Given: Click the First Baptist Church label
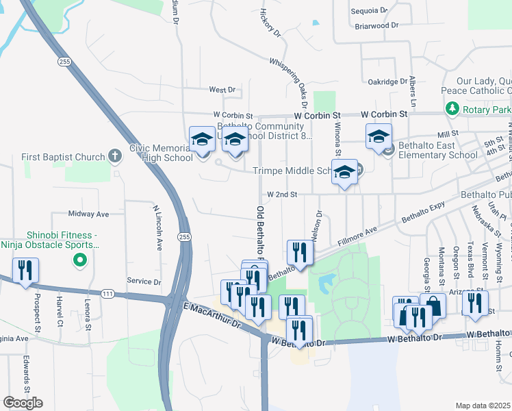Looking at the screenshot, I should [62, 157].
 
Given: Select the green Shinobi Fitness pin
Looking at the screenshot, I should [79, 260].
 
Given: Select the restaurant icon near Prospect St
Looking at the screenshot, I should [25, 271].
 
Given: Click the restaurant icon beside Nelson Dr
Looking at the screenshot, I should [300, 253].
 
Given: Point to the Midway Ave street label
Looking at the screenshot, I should [89, 214].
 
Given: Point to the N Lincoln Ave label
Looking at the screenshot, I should [158, 227].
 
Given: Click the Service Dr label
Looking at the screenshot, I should [144, 282].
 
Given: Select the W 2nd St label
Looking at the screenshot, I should [282, 195].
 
